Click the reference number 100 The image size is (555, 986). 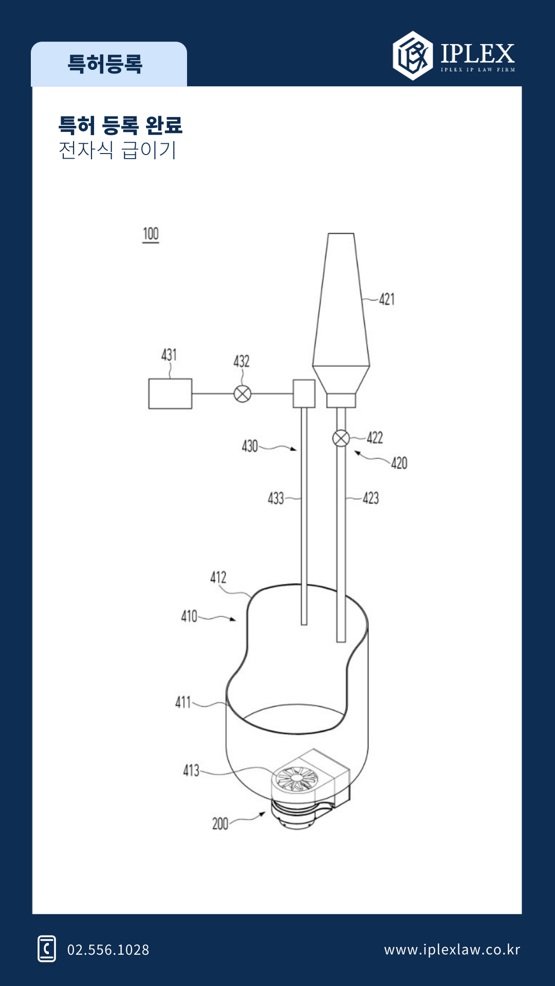(151, 234)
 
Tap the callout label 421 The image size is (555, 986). (387, 299)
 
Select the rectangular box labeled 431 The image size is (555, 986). (170, 394)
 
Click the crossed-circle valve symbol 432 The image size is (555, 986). (243, 394)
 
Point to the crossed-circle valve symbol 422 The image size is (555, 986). (341, 439)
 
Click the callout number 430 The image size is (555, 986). (250, 446)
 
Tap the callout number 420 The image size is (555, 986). (399, 463)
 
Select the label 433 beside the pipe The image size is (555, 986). (276, 498)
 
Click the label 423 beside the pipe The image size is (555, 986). (371, 498)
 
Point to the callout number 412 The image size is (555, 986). (218, 577)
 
